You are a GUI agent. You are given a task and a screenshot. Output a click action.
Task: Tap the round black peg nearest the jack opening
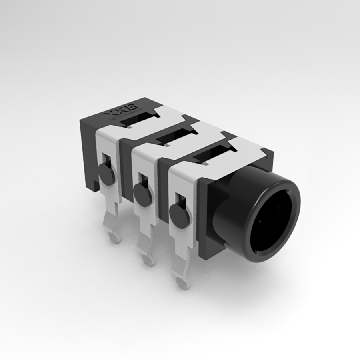[180, 212]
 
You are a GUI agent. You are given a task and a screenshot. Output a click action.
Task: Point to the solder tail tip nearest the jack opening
[183, 283]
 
